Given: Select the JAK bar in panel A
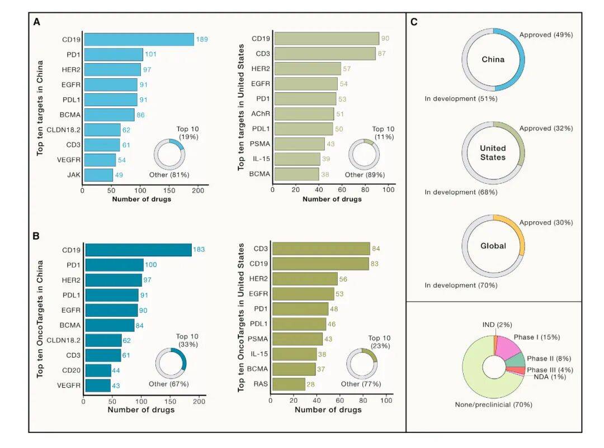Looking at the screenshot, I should pos(98,175).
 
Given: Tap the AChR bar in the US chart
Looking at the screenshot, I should pos(303,114).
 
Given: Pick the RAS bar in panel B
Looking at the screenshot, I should pos(288,384).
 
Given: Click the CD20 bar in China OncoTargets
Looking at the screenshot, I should pos(97,370).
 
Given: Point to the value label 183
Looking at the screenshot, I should pos(200,250).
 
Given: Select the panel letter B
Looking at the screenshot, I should pos(36,236).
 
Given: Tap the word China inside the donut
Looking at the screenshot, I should pos(493,59).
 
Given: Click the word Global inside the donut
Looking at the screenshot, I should pos(493,246).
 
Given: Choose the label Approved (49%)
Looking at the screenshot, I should pos(546,35).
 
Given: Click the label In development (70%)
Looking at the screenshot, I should pos(461,285).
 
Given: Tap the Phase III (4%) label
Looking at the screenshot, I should pos(550,370).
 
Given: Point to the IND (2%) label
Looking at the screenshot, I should pos(497,325).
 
